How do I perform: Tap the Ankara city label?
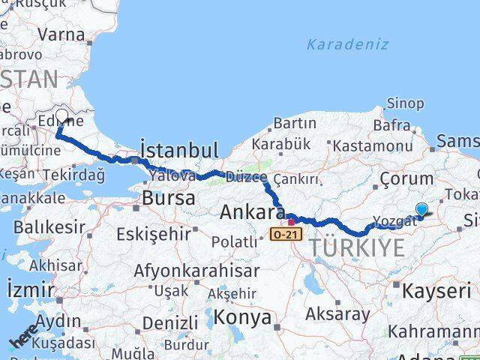(252, 213)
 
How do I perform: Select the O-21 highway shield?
(286, 235)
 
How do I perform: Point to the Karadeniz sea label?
(347, 44)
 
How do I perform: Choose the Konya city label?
(242, 317)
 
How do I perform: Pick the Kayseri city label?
(432, 290)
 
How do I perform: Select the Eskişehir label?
(154, 234)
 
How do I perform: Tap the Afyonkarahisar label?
(196, 270)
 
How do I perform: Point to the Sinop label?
(404, 103)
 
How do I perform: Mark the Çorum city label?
(406, 178)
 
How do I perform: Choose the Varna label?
(61, 34)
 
